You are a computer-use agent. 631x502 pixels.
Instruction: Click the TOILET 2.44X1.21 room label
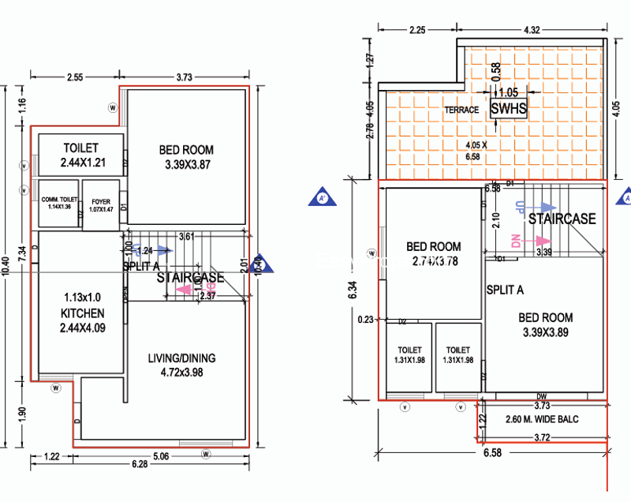point(81,155)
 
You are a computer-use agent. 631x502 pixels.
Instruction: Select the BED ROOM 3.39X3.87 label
point(186,156)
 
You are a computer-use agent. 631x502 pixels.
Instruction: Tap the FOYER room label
point(100,205)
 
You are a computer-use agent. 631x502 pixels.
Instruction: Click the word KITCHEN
point(82,313)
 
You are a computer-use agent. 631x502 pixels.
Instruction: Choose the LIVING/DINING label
point(181,364)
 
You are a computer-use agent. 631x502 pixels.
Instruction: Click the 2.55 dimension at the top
point(74,77)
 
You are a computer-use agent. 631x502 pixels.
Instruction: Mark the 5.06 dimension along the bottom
point(161,455)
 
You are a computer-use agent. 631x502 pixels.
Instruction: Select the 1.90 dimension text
point(24,414)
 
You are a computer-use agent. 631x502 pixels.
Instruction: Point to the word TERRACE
point(461,110)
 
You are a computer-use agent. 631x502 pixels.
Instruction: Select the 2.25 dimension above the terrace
point(418,30)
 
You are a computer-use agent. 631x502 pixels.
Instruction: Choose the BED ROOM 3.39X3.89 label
point(545,324)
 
